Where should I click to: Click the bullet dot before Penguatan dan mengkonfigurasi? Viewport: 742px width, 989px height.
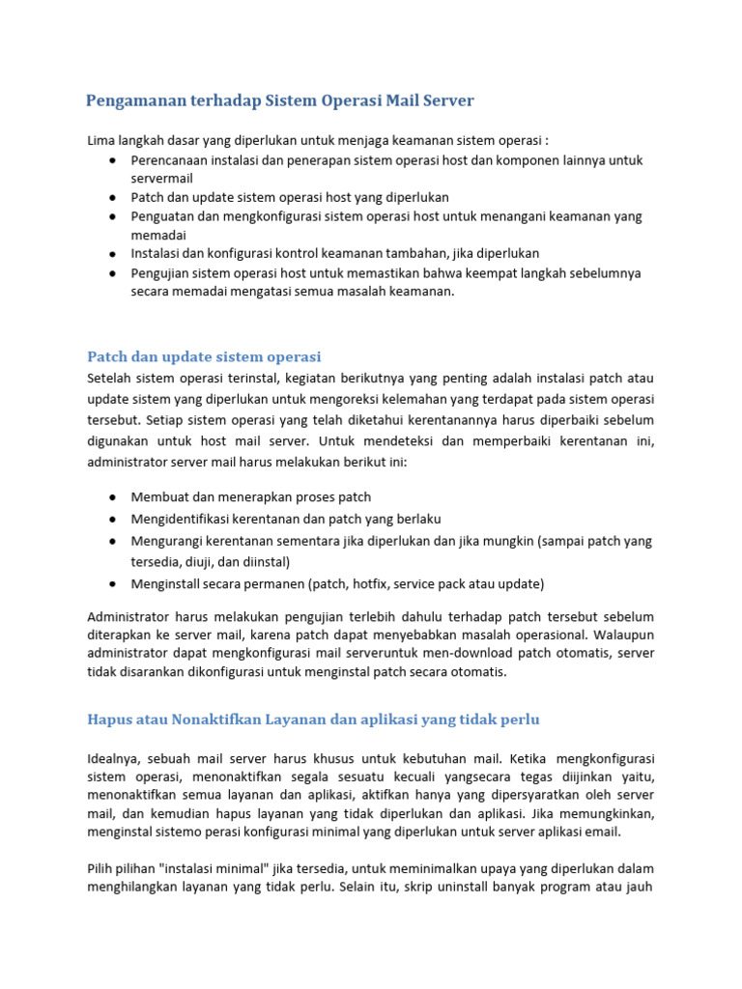click(x=114, y=216)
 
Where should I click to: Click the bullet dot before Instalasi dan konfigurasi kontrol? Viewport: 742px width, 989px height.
click(x=114, y=254)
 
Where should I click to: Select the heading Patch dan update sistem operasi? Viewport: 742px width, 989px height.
click(x=204, y=356)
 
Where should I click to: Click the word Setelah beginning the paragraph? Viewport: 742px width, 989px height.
click(x=111, y=377)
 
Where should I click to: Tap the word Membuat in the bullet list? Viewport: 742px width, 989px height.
click(x=159, y=497)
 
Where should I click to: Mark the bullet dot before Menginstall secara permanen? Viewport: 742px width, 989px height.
click(x=114, y=583)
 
